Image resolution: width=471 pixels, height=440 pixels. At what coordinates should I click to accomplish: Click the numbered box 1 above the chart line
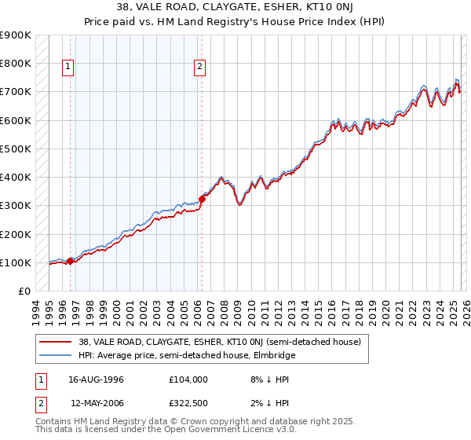click(69, 68)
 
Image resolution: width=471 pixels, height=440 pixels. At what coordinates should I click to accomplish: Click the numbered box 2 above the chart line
click(200, 68)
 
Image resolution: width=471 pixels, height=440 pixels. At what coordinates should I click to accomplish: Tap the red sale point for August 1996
click(71, 261)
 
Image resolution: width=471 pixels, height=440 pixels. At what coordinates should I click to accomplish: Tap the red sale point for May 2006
click(202, 199)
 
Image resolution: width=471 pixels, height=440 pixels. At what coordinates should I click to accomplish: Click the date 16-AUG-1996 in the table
click(93, 379)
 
